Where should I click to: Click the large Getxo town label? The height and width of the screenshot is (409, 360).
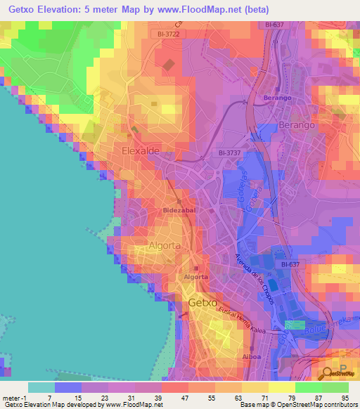204,303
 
